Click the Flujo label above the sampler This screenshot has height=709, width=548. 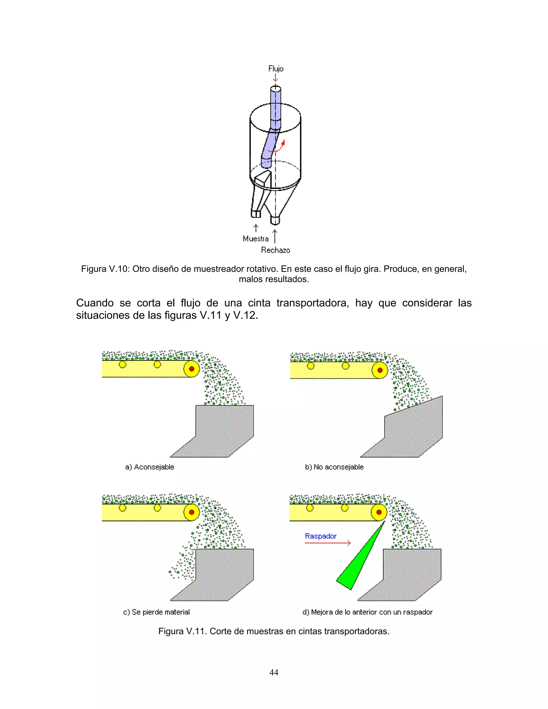(x=276, y=68)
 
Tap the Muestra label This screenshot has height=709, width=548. (x=256, y=239)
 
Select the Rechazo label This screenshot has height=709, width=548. (x=275, y=250)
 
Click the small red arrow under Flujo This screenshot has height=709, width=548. (x=275, y=78)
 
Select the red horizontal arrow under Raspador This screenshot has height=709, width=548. (x=328, y=543)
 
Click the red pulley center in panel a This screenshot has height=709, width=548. (x=192, y=369)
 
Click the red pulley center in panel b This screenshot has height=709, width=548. (x=380, y=370)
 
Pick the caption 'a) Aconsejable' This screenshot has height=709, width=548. (x=150, y=467)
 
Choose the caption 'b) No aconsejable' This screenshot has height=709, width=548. (x=334, y=467)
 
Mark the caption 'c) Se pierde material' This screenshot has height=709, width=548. (x=157, y=612)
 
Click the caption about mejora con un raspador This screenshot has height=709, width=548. (x=367, y=612)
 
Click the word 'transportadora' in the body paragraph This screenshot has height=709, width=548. (x=313, y=303)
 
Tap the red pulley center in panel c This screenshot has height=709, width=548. (x=192, y=512)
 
